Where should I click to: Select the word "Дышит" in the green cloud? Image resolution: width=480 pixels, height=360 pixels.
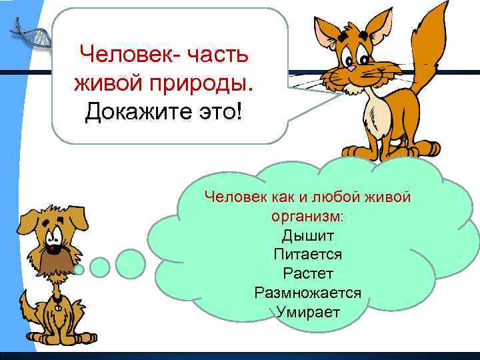308,235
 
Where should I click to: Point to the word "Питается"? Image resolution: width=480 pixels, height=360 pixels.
308,254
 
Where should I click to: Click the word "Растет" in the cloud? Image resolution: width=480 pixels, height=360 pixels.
308,273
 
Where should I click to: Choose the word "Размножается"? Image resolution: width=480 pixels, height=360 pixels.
308,293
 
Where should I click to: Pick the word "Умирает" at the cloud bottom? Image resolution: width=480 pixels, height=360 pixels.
308,311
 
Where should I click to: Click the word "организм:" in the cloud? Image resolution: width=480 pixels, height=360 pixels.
308,216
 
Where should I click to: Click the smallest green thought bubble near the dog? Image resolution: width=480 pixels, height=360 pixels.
79,269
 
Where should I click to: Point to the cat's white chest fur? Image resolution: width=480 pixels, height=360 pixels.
377,113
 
